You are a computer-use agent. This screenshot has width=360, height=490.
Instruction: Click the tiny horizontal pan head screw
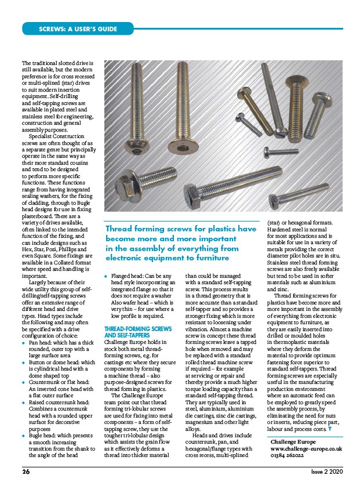pos(268,152)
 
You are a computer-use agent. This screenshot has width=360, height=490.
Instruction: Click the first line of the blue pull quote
pos(181,228)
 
